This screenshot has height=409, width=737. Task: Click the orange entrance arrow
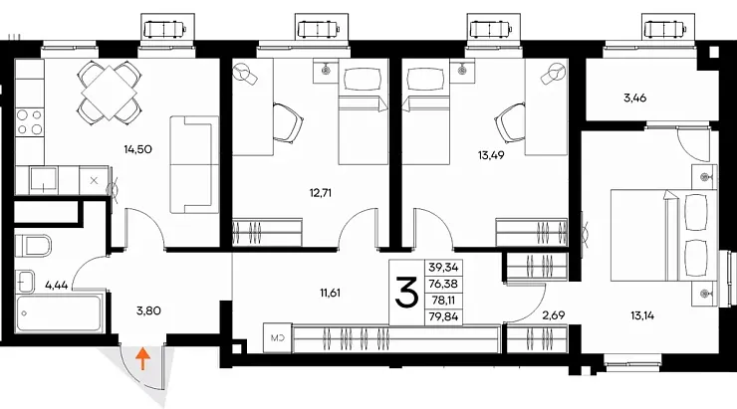[x=142, y=359]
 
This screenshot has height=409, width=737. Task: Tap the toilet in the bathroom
[x=33, y=246]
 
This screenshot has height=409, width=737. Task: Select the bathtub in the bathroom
[x=59, y=313]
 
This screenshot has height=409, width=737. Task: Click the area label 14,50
[x=137, y=150]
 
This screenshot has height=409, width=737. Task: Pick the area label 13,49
[x=491, y=155]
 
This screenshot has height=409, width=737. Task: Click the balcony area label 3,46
[x=634, y=99]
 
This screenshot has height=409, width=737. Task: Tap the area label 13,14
[x=642, y=315]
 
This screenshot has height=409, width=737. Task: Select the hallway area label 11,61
[x=330, y=293]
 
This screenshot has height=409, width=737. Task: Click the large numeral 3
[x=406, y=292]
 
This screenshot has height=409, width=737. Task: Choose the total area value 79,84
[x=443, y=317]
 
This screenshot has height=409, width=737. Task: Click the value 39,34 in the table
[x=443, y=267]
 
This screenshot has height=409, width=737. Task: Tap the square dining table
[x=109, y=93]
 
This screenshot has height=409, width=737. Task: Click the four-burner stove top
[x=30, y=121]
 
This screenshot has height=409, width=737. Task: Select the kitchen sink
[x=43, y=179]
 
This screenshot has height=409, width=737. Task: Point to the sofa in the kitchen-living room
[x=194, y=164]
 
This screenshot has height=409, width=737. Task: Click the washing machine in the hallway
[x=277, y=337]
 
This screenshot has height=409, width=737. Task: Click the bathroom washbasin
[x=25, y=282]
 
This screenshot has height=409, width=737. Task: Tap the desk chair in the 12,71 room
[x=288, y=123]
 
